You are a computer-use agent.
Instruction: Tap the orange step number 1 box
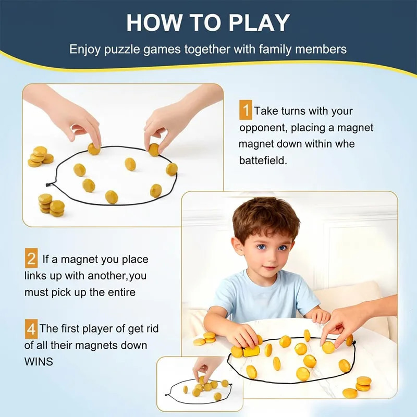(246, 111)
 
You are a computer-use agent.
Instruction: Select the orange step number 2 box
(31, 259)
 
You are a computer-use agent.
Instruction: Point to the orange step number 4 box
(31, 329)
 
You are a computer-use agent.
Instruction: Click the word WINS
(39, 361)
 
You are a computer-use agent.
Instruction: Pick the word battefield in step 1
(263, 161)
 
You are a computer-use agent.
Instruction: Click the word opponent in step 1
(263, 128)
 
